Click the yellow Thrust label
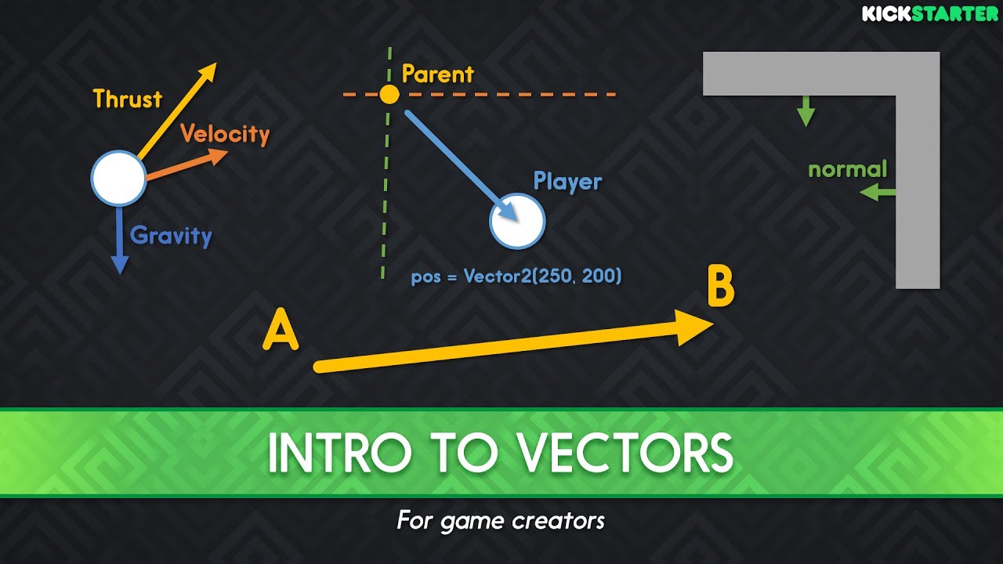[127, 99]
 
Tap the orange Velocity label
[225, 134]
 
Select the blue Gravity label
[171, 236]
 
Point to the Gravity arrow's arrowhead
[118, 265]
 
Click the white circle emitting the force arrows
[118, 179]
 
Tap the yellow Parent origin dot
[389, 95]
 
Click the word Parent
[437, 74]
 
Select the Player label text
[567, 182]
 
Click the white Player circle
[517, 222]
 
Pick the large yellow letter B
[720, 287]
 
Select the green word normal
[847, 169]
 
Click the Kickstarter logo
[930, 13]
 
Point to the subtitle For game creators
[501, 520]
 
